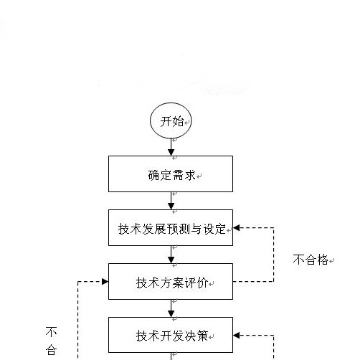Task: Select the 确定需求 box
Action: tap(170, 174)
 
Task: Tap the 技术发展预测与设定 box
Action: tap(170, 228)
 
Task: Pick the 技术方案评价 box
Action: tap(170, 282)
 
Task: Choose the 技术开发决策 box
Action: tap(170, 335)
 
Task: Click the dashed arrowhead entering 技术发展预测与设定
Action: tap(238, 228)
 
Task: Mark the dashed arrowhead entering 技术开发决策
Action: tap(238, 335)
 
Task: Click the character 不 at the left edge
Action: tap(52, 332)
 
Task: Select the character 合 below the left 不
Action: tap(52, 350)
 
